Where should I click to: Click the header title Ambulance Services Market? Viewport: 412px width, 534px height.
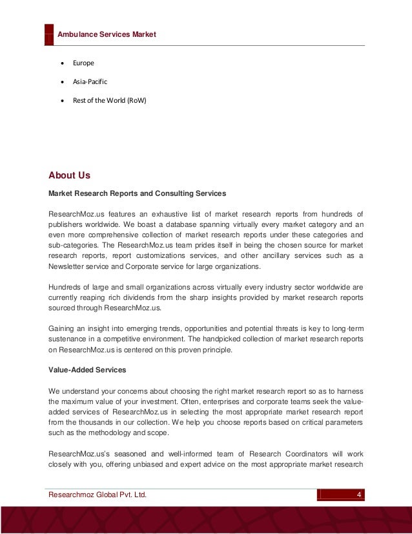(x=107, y=34)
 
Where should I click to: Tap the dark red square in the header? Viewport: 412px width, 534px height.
(x=49, y=35)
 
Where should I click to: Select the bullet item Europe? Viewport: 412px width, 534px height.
(x=83, y=63)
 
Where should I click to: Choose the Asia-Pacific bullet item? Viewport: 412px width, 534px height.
(x=90, y=81)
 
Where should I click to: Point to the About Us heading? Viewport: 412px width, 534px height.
(x=70, y=175)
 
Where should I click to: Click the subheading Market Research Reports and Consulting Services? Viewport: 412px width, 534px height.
(x=137, y=193)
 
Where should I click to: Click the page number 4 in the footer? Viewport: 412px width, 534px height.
(x=359, y=495)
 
